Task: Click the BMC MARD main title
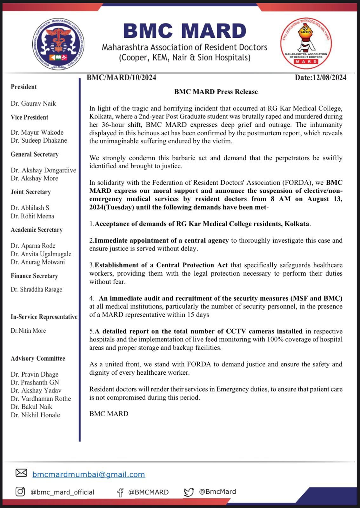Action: [184, 31]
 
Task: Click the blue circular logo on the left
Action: [58, 44]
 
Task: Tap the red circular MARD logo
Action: [306, 43]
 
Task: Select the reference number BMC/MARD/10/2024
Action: [121, 77]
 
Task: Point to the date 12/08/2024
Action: [321, 77]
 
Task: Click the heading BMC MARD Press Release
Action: [216, 92]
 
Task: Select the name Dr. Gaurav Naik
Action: [33, 104]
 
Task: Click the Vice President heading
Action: [30, 117]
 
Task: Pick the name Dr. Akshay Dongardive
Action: [43, 170]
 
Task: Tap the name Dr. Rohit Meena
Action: [32, 216]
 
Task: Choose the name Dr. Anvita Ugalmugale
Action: [41, 254]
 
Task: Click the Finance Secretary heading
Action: [34, 276]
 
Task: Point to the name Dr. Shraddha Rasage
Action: [37, 290]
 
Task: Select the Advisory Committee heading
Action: [38, 358]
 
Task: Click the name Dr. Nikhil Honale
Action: [35, 415]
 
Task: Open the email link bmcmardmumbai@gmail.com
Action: [89, 474]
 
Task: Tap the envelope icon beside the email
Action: [21, 473]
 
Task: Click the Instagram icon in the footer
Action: [20, 492]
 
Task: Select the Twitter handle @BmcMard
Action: [217, 492]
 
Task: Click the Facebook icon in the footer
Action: [120, 492]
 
